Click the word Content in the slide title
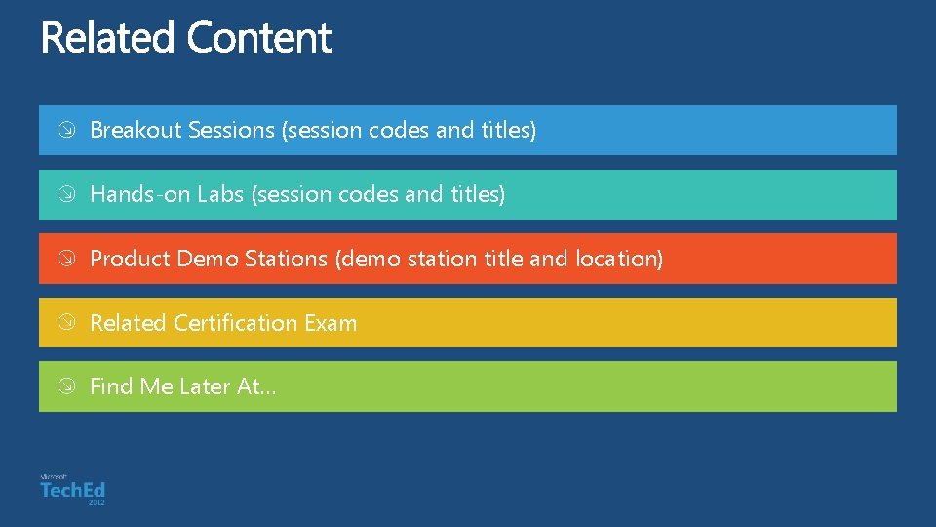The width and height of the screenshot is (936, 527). tap(259, 38)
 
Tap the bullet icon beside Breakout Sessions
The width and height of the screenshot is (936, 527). tap(64, 131)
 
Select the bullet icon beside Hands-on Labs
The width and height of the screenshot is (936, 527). tap(64, 195)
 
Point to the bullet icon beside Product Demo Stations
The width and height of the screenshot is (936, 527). tap(64, 260)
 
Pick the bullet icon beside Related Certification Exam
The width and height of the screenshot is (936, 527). tap(64, 323)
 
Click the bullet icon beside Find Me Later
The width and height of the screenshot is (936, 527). tap(64, 387)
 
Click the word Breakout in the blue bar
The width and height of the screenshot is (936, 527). tap(136, 130)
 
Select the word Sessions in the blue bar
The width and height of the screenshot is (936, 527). tap(231, 130)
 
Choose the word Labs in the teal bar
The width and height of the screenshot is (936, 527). tap(220, 194)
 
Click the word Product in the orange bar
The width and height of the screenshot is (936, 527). tap(130, 259)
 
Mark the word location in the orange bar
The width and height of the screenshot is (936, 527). tap(619, 259)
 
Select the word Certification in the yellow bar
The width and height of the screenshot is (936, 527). tap(236, 323)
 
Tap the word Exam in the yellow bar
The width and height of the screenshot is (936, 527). tap(331, 323)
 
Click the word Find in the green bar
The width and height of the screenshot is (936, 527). tap(111, 386)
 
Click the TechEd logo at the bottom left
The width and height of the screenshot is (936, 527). tap(72, 489)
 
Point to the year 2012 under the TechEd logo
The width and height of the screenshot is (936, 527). tap(96, 502)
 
